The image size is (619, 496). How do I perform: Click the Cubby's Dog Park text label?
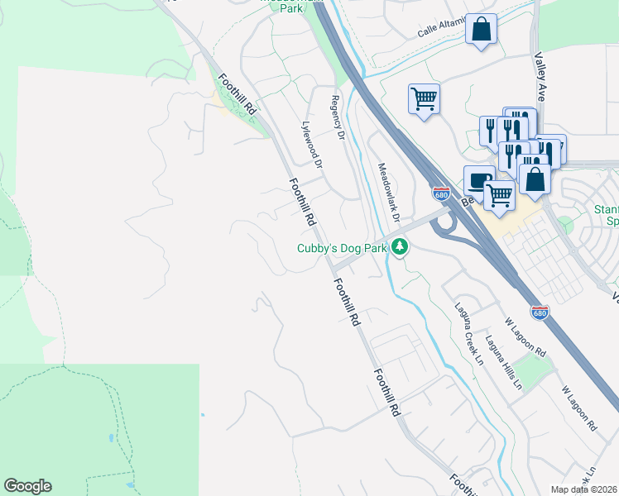pos(343,248)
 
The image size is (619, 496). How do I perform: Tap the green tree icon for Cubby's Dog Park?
pos(400,246)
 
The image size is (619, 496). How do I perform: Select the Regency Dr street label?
pos(336,117)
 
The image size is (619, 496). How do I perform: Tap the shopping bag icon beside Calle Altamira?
pos(481,30)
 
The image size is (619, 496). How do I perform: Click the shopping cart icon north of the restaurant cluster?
pos(424,99)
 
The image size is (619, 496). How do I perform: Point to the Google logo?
pos(27,486)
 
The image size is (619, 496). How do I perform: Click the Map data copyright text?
pos(584,489)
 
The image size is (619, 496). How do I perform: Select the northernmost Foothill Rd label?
pos(238,93)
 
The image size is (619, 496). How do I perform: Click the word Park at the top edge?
pos(290,9)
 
